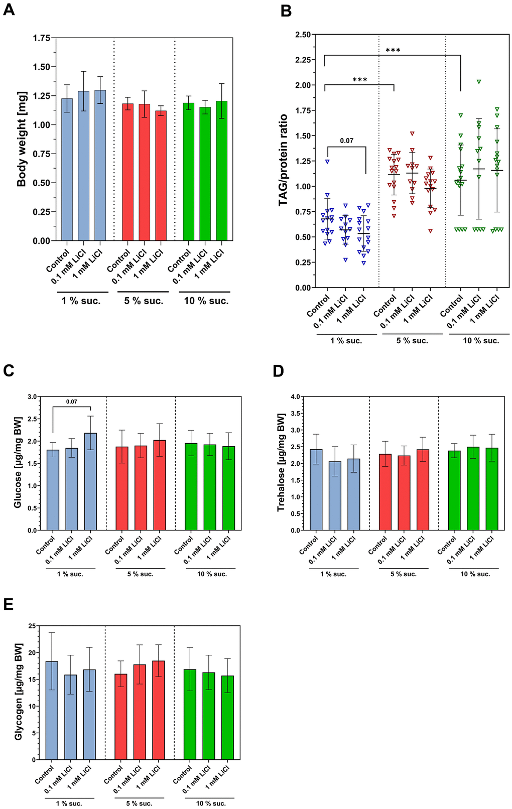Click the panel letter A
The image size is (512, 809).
[x=9, y=10]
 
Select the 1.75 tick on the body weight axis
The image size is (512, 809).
[x=42, y=38]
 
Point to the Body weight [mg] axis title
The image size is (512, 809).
[x=22, y=139]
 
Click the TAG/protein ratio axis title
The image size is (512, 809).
[x=284, y=160]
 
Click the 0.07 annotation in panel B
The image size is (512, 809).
[x=346, y=141]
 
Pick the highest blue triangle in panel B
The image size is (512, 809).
[x=327, y=162]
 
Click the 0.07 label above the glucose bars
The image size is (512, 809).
[x=72, y=401]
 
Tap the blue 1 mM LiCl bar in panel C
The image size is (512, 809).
[x=90, y=481]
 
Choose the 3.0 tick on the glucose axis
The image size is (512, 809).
[x=32, y=397]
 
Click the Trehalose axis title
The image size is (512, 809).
[x=281, y=462]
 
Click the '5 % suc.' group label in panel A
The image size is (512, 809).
[x=144, y=301]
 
